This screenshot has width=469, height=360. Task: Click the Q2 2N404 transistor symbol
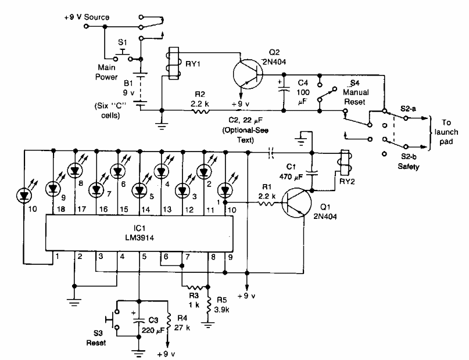251,74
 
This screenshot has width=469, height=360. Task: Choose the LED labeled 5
139,189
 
